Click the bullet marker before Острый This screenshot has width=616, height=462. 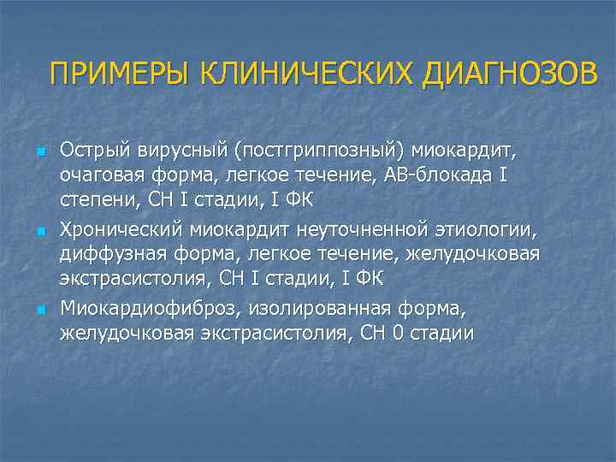click(39, 151)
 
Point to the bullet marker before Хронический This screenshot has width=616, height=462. click(39, 231)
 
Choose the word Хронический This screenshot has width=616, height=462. click(121, 231)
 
